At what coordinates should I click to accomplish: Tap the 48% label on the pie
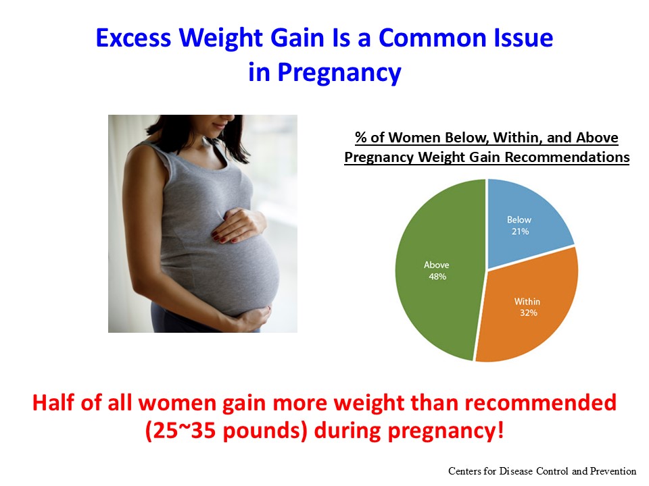(437, 277)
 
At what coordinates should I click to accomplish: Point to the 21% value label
(521, 232)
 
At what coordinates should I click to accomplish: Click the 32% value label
(529, 313)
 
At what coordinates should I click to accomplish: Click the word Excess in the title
(133, 38)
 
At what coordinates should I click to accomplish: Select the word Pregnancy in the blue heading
(339, 73)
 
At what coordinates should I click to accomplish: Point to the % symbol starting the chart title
(361, 137)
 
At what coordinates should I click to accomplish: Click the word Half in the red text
(54, 402)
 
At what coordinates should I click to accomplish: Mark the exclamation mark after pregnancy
(501, 430)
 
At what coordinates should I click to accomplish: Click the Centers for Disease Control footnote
(542, 471)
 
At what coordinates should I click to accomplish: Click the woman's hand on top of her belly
(238, 225)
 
